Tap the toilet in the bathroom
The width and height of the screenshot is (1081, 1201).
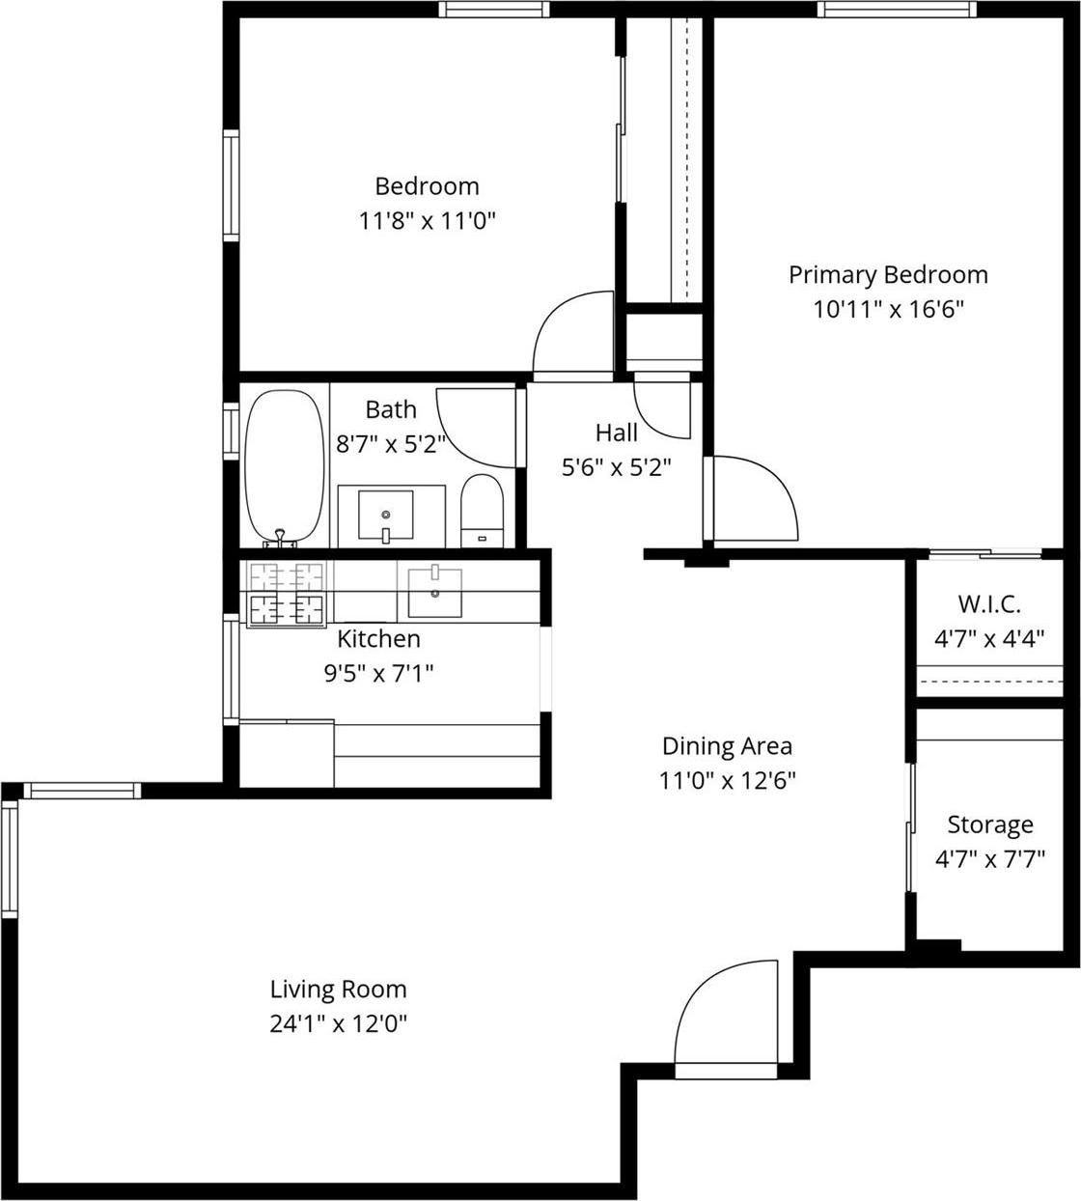point(483,511)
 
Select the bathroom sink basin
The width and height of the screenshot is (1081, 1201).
point(385,515)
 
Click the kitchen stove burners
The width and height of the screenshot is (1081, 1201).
point(286,593)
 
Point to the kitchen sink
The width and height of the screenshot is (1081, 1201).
point(434,592)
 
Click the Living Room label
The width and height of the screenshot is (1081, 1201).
point(338,989)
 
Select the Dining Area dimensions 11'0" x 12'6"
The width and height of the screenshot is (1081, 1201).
point(727,780)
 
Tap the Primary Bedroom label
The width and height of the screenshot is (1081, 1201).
point(888,274)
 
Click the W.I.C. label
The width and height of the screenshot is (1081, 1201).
point(989,604)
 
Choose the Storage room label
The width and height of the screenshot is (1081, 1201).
point(989,824)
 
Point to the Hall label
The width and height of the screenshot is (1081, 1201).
point(616,433)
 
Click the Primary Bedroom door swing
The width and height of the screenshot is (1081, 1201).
point(753,497)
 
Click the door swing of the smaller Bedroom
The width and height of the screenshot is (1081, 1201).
point(572,333)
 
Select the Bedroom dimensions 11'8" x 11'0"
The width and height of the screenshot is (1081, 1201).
point(427,221)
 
